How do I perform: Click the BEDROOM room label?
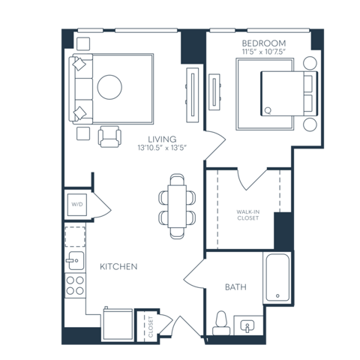coord(264,43)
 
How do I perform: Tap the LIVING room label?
coord(162,139)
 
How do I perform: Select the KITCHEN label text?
coord(118,267)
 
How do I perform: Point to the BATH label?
coord(235,287)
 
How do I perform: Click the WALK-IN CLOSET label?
coord(248,215)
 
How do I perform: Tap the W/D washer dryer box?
coord(77,205)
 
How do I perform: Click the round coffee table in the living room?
coord(109,87)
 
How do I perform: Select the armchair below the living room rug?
coord(109,136)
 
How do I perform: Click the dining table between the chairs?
coord(177,206)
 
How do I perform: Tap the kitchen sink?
coord(76,260)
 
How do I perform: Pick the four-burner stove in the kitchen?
coord(75,286)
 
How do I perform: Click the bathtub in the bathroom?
coord(277,277)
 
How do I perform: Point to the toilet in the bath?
coord(221,323)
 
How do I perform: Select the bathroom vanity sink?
coord(247,325)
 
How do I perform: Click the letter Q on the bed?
coord(268,110)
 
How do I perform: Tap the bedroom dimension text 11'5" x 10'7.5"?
coord(264,52)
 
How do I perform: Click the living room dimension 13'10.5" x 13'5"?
coord(162,148)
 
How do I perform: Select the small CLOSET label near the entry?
coord(151,327)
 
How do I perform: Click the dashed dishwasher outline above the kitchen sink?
coord(75,237)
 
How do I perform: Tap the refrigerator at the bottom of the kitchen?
coord(118,324)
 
